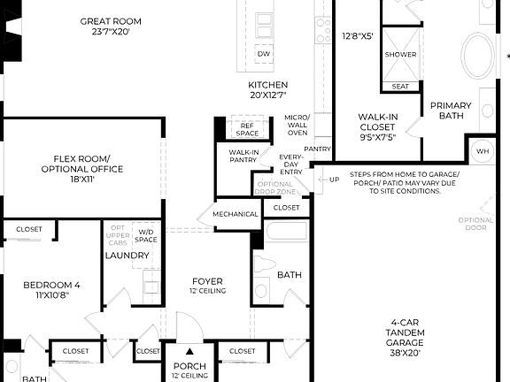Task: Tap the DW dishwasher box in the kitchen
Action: (264, 55)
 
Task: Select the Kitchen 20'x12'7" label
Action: (267, 90)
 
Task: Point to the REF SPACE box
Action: (249, 128)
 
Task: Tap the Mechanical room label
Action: (236, 214)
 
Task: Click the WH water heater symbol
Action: (483, 151)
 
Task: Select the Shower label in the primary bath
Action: (400, 54)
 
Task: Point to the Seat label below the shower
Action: (400, 86)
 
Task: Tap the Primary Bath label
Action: (451, 111)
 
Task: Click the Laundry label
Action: (127, 256)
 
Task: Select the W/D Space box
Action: (146, 236)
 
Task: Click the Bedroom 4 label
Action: (51, 289)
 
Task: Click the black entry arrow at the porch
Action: (189, 351)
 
